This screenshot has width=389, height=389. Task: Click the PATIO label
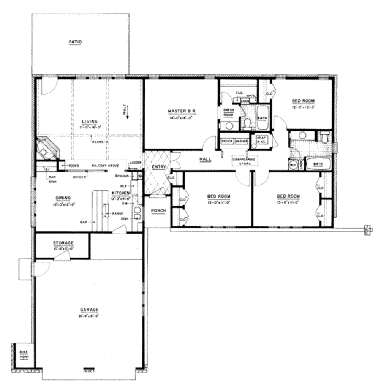(76, 41)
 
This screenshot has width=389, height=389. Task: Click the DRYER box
(227, 141)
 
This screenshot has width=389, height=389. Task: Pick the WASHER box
(241, 141)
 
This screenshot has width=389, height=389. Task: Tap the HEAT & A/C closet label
(261, 140)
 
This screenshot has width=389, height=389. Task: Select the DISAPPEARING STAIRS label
(243, 162)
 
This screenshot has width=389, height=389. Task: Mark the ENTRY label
(158, 167)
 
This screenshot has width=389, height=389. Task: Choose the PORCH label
(158, 210)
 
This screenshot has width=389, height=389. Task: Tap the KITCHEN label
(120, 193)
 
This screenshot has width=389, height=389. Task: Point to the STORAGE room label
(63, 243)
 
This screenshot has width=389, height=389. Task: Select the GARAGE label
(90, 309)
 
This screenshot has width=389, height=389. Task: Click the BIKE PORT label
(24, 354)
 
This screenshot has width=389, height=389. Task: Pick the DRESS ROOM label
(228, 112)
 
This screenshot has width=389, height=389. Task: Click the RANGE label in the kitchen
(117, 214)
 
